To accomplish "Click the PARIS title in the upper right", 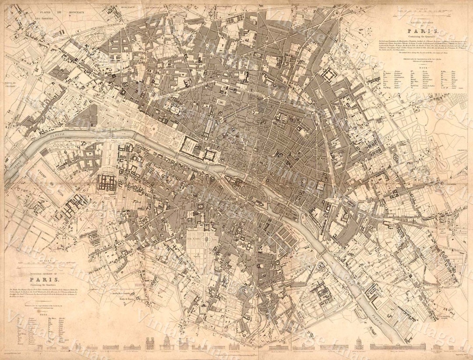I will (x=420, y=31).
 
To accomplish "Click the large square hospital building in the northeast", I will (x=327, y=74).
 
